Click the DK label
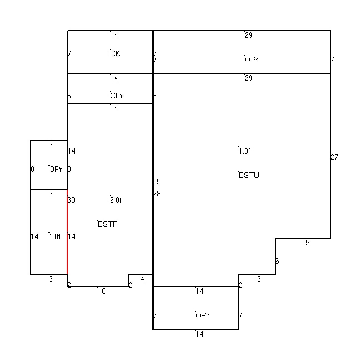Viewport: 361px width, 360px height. pos(115,53)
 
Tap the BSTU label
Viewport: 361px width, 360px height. pos(249,175)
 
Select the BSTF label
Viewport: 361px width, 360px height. pos(108,224)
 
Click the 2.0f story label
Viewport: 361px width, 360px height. pos(116,200)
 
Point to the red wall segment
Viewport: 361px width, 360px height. pos(67,231)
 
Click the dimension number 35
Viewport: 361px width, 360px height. pos(157,181)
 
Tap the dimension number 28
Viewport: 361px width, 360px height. pos(157,194)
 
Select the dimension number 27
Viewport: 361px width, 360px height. pos(334,157)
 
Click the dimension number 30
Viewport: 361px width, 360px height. pos(71,200)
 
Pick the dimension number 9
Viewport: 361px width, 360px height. pos(308,243)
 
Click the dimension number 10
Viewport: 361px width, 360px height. pos(102,291)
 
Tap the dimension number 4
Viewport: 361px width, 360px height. pos(143,279)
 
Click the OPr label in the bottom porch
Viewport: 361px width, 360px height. pos(202,315)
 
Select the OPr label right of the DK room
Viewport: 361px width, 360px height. pos(251,60)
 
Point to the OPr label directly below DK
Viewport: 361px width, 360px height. pos(117,96)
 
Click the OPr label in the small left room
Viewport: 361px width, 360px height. pos(56,169)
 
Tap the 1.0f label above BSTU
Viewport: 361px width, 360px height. pos(244,151)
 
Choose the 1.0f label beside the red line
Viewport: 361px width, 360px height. pos(55,236)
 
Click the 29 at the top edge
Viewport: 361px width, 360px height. pos(249,35)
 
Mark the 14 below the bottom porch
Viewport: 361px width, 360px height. pos(200,334)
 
